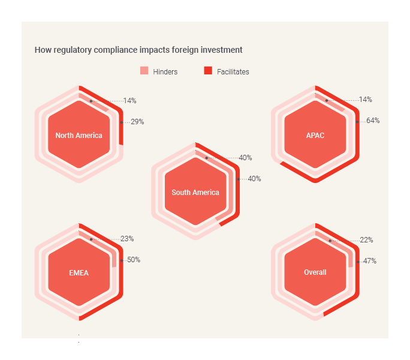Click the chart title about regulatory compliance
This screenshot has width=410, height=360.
coord(138,50)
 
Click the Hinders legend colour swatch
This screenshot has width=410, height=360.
coord(144,71)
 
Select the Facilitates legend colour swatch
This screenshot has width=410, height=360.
coord(208,71)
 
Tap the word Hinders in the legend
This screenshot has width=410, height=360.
coord(165,72)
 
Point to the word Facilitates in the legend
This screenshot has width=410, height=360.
coord(233,72)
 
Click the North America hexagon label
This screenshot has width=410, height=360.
coord(79,136)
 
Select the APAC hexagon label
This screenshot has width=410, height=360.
coord(315,136)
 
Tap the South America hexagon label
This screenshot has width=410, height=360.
coord(195,193)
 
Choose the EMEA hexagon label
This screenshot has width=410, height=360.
coord(79,273)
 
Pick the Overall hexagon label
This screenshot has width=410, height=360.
coord(315,272)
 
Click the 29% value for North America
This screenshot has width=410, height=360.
coord(137,122)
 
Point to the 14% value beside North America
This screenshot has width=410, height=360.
coord(130,101)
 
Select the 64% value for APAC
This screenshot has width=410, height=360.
coord(373,121)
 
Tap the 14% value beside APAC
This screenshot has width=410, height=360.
coord(366,100)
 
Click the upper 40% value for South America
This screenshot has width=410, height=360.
coord(245,158)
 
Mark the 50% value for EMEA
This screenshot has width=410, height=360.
coord(134,260)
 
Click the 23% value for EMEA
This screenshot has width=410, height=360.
coord(127,239)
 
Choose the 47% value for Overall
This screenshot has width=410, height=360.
coord(370,261)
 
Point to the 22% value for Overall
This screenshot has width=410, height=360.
coord(367,240)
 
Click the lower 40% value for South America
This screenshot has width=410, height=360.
coord(254,179)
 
